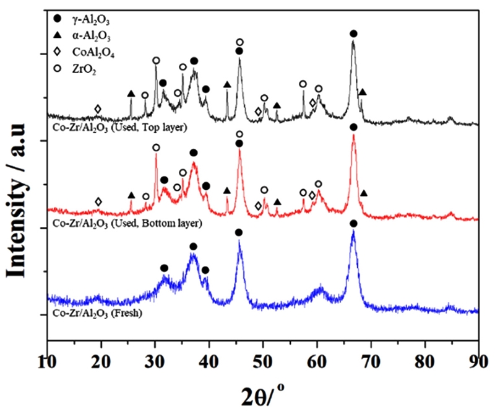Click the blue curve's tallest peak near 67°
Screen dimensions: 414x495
(x=353, y=233)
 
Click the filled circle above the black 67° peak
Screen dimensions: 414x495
(x=353, y=33)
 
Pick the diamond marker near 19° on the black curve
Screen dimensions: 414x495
(x=98, y=109)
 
